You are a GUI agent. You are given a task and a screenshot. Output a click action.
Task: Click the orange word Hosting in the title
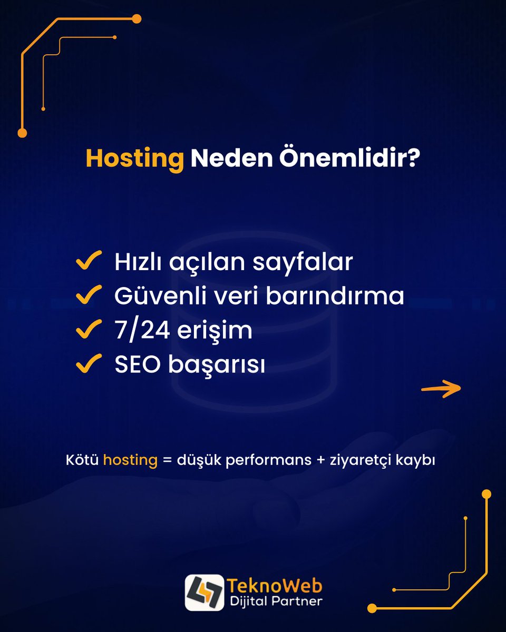pos(135,159)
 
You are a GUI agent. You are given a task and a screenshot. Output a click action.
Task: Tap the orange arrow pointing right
pos(441,389)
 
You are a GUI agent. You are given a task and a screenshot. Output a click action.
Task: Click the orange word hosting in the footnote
pos(130,460)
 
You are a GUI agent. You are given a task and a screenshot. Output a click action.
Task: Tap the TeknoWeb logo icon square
pos(204,592)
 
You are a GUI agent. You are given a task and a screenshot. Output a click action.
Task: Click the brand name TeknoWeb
pos(275,585)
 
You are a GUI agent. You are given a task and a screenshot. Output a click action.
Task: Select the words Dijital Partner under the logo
pos(275,601)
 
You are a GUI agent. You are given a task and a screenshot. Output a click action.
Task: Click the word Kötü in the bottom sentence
pos(82,460)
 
